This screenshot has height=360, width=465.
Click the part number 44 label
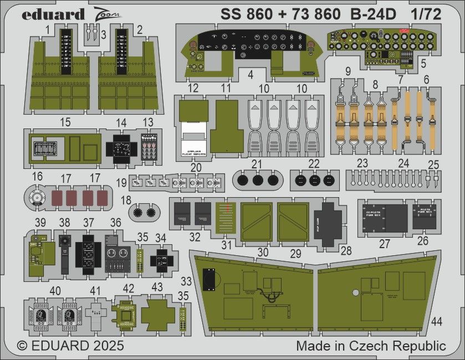(x=437, y=321)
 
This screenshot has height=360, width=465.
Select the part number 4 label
(x=251, y=73)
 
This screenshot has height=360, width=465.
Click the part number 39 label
(x=40, y=222)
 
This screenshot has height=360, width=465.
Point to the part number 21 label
(x=256, y=164)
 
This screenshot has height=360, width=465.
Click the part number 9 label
(x=348, y=71)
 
